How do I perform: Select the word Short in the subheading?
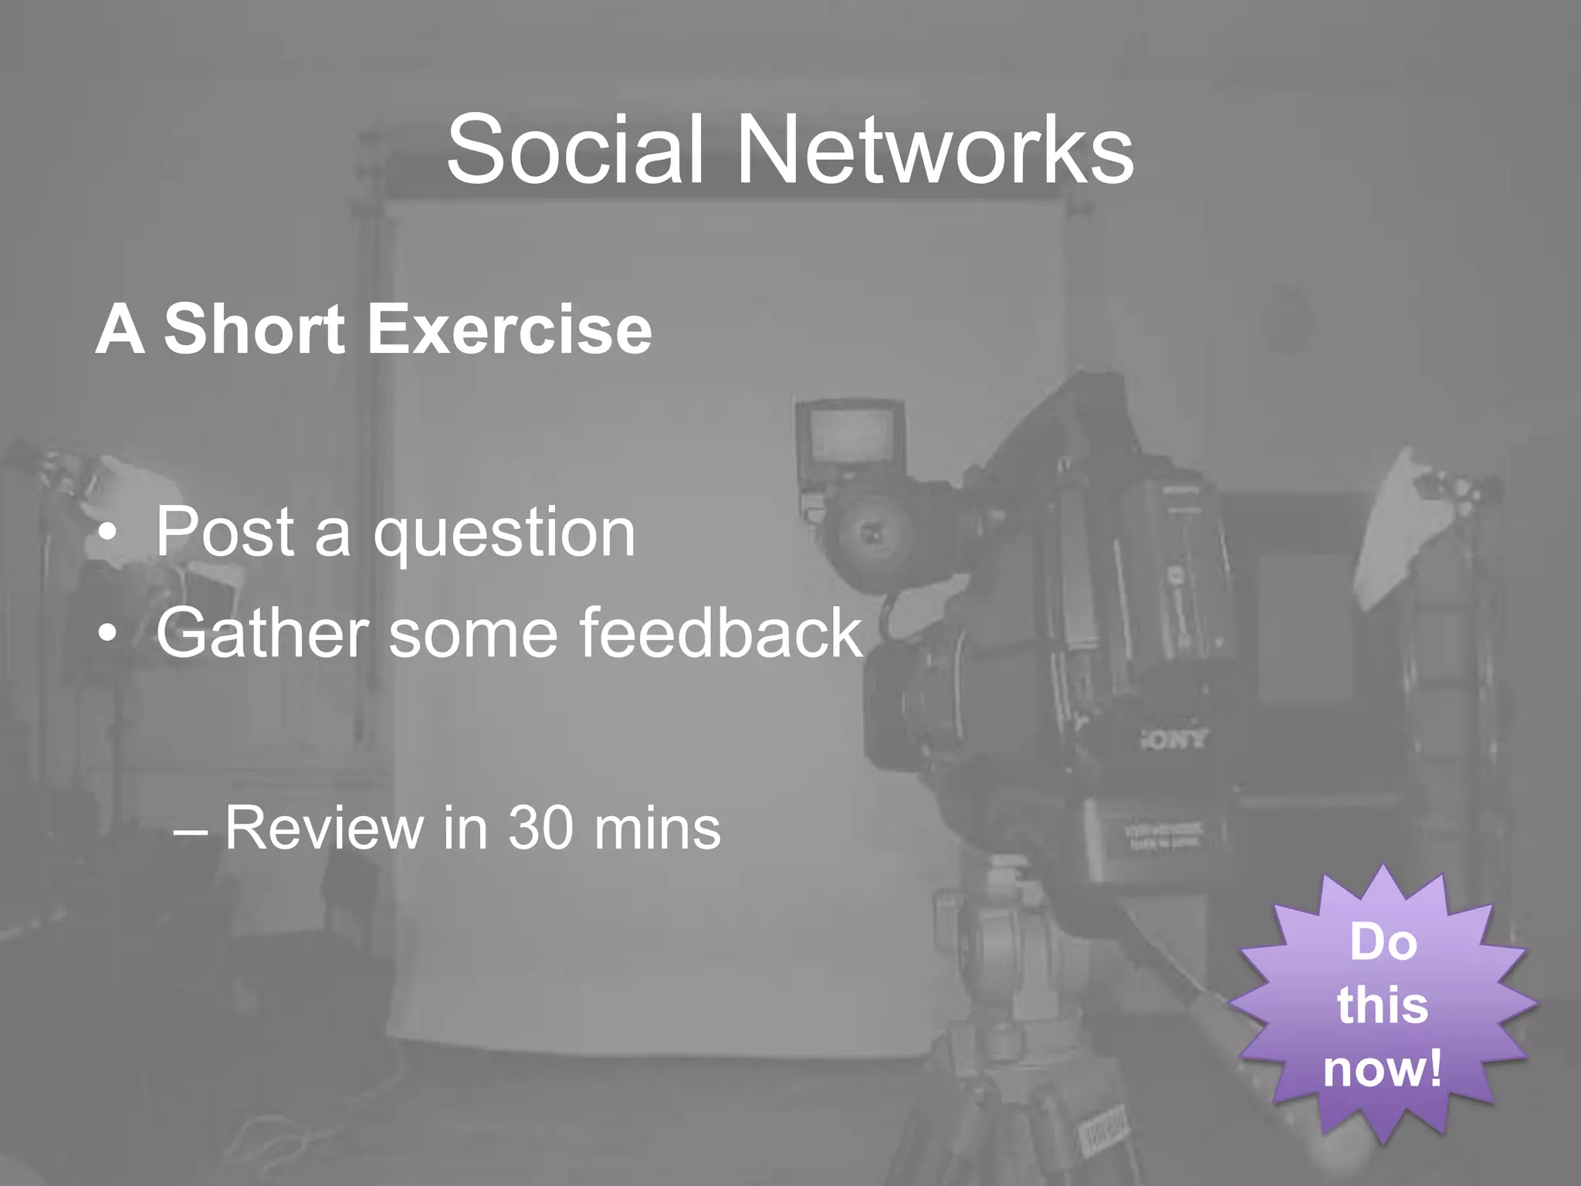[x=254, y=330]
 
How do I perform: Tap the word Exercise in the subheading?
[x=510, y=330]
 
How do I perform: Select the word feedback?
[x=720, y=632]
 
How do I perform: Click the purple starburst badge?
[x=1383, y=1004]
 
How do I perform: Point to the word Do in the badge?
[x=1383, y=943]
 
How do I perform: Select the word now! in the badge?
[x=1383, y=1069]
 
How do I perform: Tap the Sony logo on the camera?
[x=1173, y=740]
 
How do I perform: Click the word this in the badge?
[x=1383, y=1005]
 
